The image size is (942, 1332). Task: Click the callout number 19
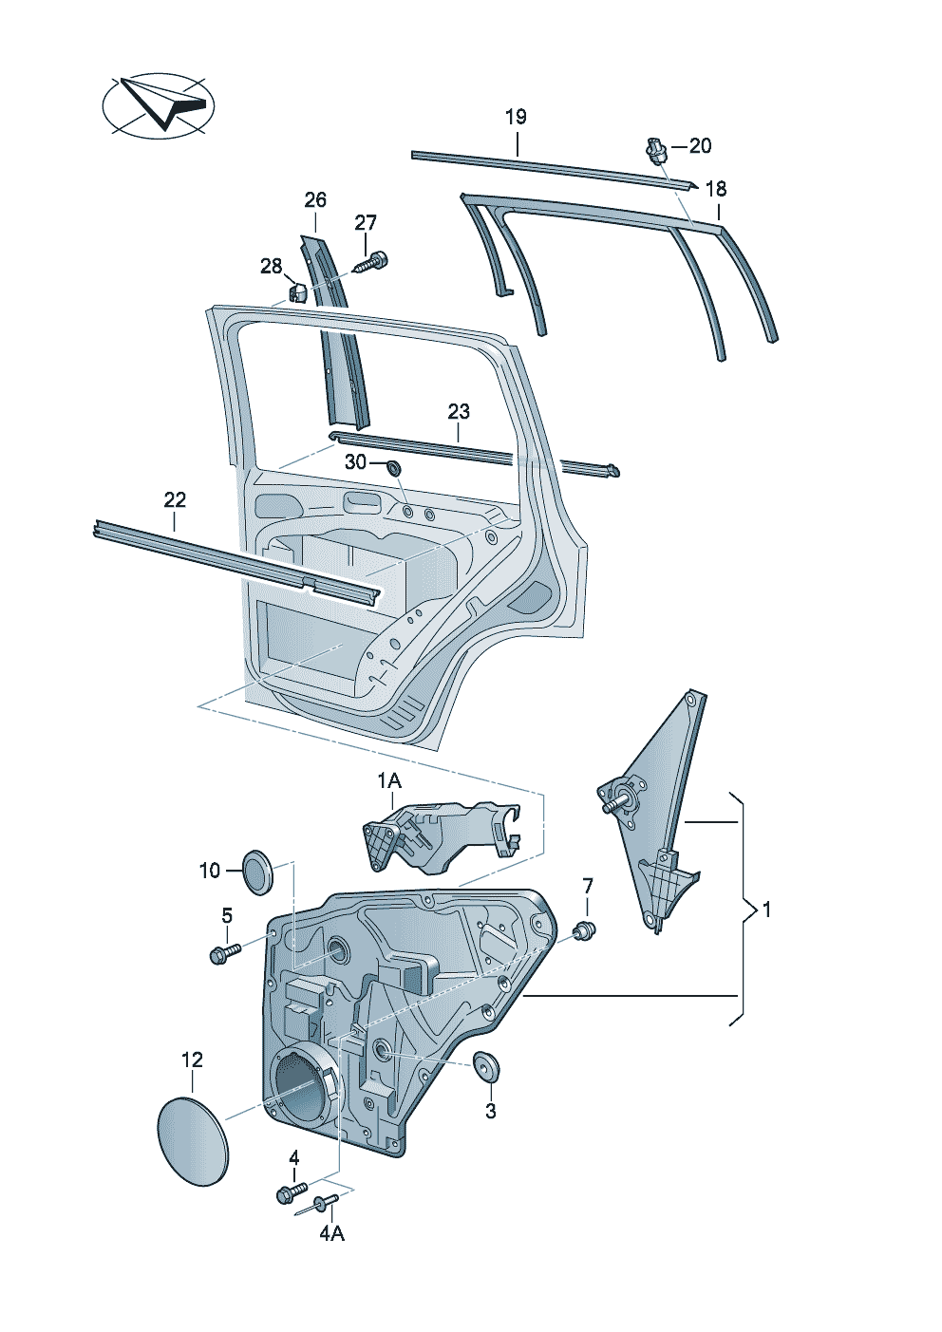pyautogui.click(x=515, y=117)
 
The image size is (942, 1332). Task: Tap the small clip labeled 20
pyautogui.click(x=655, y=150)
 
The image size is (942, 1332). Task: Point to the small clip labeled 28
pyautogui.click(x=296, y=291)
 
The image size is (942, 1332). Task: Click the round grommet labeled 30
pyautogui.click(x=392, y=467)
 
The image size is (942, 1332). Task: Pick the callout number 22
pyautogui.click(x=175, y=499)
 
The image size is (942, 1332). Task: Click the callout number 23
pyautogui.click(x=459, y=411)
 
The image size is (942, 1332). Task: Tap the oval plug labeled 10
pyautogui.click(x=257, y=871)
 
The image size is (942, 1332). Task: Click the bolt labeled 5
pyautogui.click(x=224, y=951)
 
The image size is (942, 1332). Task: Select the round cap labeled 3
pyautogui.click(x=488, y=1066)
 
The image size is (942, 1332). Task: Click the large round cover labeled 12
pyautogui.click(x=192, y=1140)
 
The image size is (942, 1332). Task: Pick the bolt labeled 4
pyautogui.click(x=290, y=1191)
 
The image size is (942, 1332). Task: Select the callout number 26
pyautogui.click(x=315, y=199)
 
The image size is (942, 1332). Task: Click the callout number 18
pyautogui.click(x=715, y=189)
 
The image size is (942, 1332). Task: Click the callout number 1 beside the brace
pyautogui.click(x=766, y=910)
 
